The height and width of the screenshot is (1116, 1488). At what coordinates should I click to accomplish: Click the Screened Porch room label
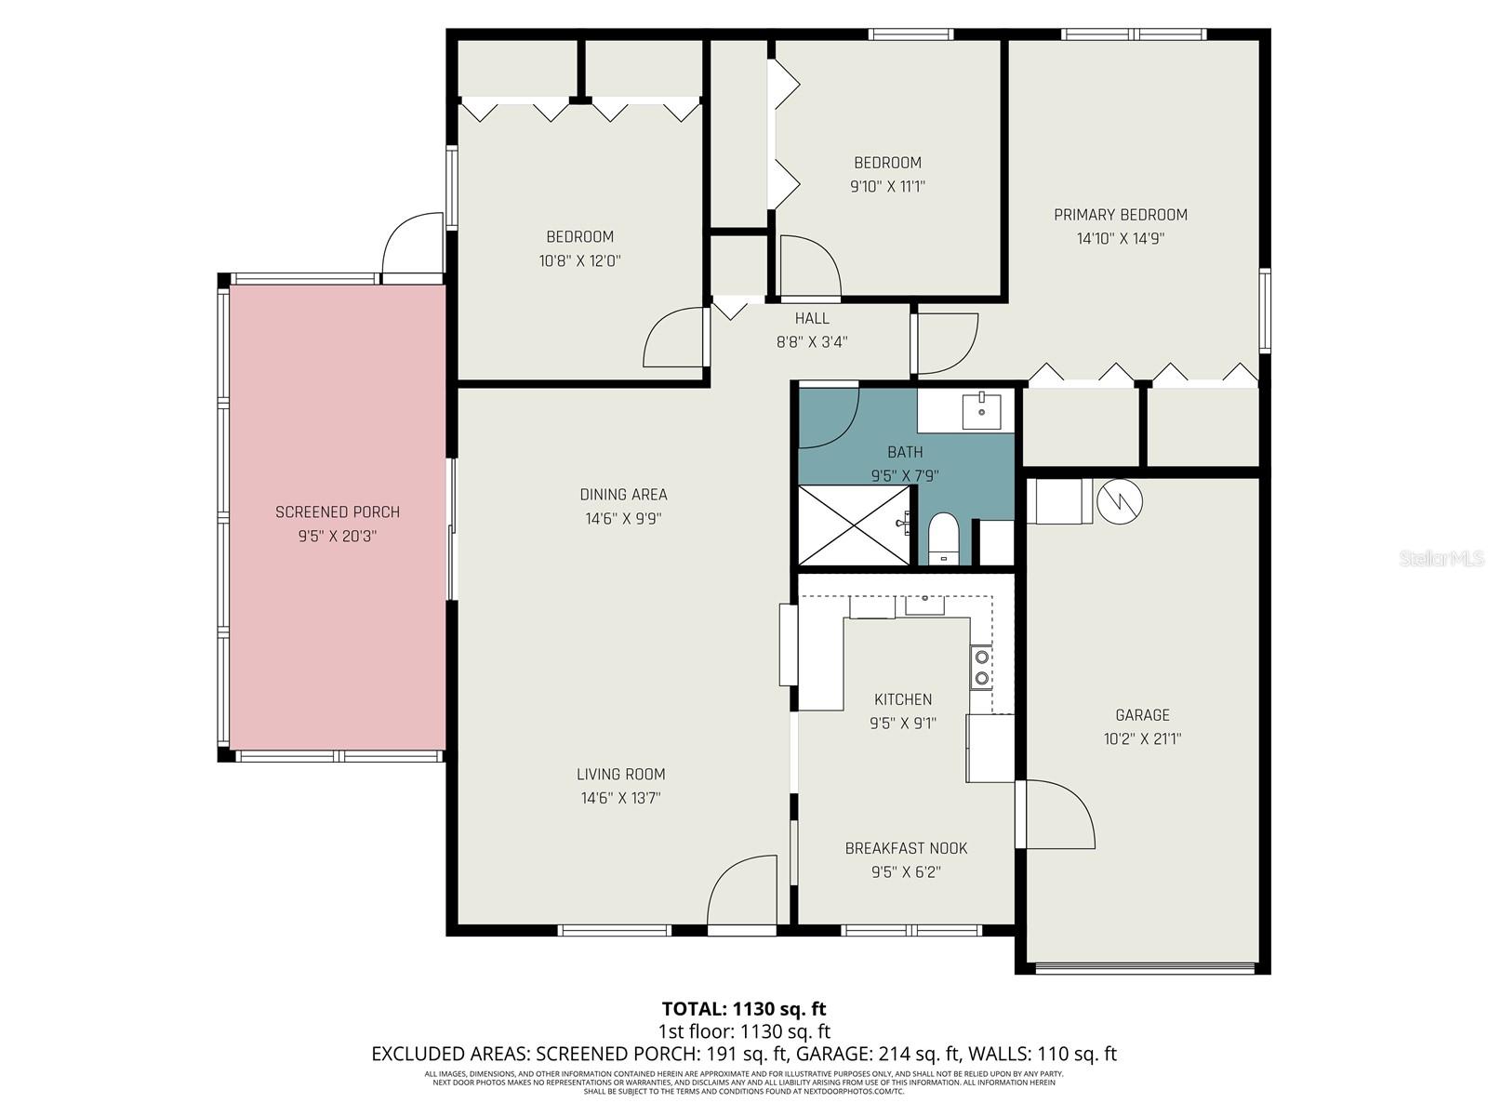tap(338, 512)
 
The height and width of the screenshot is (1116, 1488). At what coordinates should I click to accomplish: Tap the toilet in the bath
tap(944, 539)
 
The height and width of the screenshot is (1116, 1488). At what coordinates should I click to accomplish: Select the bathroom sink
tap(981, 410)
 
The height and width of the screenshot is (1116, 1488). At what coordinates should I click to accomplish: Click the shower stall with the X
tap(854, 525)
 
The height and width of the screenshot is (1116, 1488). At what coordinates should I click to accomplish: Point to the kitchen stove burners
tap(981, 668)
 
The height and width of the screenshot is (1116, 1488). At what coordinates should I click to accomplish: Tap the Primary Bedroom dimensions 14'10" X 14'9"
tap(1120, 238)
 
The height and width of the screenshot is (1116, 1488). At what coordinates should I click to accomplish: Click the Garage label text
tap(1142, 715)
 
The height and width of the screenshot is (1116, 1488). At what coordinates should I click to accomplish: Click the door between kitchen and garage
tap(1056, 814)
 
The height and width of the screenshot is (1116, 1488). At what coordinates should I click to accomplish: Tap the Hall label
tap(812, 318)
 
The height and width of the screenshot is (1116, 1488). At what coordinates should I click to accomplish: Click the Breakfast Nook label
tap(906, 848)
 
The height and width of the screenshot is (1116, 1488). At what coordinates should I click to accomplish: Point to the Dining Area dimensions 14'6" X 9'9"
tap(623, 519)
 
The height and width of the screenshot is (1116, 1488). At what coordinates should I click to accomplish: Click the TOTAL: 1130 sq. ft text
tap(744, 1008)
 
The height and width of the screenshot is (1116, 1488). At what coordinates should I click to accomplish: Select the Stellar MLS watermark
tap(1441, 559)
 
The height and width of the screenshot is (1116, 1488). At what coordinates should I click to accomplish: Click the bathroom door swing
tap(829, 414)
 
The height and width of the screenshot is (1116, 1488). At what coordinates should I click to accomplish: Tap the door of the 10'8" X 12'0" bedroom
tap(674, 337)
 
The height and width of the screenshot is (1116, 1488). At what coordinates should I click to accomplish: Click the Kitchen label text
tap(902, 699)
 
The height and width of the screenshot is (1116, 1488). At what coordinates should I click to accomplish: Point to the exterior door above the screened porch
tap(413, 244)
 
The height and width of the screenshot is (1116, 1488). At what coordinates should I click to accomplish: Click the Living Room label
tap(620, 774)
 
